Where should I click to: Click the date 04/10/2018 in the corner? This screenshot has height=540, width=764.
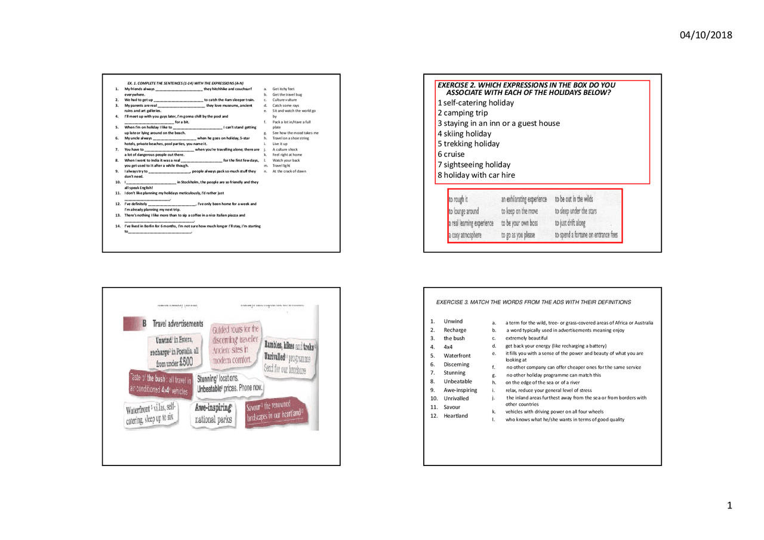coord(706,35)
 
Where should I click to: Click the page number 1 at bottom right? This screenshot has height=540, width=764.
coord(729,506)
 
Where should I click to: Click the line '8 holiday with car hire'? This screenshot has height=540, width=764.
coord(476,175)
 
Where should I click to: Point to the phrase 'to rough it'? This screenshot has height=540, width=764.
coord(458,199)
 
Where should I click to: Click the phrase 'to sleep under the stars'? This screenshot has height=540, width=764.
coord(575,211)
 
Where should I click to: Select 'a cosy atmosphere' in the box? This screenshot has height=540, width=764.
coord(465,235)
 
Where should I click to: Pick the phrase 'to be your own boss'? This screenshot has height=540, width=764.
coord(519,223)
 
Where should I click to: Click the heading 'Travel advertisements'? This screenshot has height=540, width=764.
coord(178,323)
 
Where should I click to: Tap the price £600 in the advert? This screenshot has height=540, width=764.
coord(183,362)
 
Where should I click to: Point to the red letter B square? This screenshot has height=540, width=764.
coord(144,323)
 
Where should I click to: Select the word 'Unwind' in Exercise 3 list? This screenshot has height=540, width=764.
coord(453,322)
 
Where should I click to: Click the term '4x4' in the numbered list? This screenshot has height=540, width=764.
coord(449,347)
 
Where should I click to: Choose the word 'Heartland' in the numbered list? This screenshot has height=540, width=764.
coord(455,415)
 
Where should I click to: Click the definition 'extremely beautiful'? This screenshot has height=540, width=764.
coord(526,338)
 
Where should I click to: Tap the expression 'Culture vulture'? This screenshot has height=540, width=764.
coord(285,100)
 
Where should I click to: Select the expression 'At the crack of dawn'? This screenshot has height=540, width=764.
coord(289,171)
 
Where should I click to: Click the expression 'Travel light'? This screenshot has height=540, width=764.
coord(281,166)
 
